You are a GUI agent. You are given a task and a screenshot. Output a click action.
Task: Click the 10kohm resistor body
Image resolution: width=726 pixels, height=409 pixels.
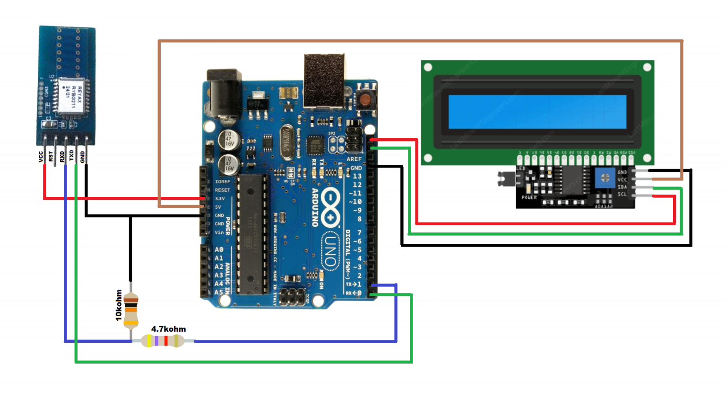pyautogui.click(x=131, y=311)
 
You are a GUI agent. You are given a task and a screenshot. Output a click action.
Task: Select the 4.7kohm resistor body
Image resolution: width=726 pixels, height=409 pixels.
pyautogui.click(x=163, y=340)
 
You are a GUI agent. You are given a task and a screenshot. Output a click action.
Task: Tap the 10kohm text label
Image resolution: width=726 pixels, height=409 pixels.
pyautogui.click(x=119, y=305)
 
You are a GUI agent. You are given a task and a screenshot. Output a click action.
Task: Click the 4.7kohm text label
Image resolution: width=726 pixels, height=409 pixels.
pyautogui.click(x=168, y=329)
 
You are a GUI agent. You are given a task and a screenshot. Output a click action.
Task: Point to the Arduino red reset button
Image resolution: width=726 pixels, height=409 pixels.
pyautogui.click(x=365, y=99)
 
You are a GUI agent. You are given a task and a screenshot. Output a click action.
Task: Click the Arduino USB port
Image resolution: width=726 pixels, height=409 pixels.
pyautogui.click(x=324, y=80)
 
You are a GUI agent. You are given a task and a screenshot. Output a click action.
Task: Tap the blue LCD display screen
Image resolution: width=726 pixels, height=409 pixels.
pyautogui.click(x=537, y=112)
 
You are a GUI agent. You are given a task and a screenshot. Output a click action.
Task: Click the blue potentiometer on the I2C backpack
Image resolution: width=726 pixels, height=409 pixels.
pyautogui.click(x=605, y=178)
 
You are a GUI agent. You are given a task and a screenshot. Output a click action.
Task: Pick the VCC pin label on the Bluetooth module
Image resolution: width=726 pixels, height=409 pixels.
pyautogui.click(x=41, y=157)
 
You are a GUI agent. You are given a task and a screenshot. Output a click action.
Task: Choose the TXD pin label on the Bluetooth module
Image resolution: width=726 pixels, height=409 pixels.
pyautogui.click(x=72, y=156)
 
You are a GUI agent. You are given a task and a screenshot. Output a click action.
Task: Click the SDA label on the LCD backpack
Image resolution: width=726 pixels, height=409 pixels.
pyautogui.click(x=622, y=187)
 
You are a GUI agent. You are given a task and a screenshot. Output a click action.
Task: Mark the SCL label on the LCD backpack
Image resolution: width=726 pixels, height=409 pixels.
pyautogui.click(x=622, y=194)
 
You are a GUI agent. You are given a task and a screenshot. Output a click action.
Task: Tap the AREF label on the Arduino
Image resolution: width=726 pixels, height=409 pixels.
pyautogui.click(x=354, y=159)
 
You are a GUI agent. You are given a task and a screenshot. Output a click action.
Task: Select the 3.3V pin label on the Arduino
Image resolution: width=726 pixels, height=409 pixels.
pyautogui.click(x=220, y=199)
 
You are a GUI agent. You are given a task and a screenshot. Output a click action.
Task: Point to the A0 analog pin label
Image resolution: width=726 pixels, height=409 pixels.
pyautogui.click(x=219, y=249)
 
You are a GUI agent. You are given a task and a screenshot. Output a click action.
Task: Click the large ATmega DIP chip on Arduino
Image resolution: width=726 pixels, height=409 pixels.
pyautogui.click(x=253, y=234)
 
